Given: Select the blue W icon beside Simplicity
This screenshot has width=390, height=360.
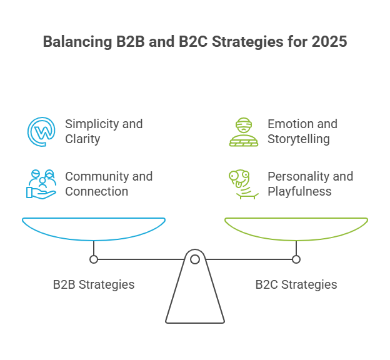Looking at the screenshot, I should (x=41, y=131).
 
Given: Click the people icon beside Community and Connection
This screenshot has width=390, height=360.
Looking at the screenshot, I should (x=41, y=184).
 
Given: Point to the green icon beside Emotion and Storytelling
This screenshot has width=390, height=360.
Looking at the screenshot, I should (x=244, y=131).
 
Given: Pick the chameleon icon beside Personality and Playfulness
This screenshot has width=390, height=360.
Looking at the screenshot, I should (x=242, y=184).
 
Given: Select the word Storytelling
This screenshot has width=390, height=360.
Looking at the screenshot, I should (x=298, y=139).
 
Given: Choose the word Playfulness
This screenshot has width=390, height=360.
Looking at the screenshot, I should (x=299, y=191).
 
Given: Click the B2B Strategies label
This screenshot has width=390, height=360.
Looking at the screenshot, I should (x=94, y=284).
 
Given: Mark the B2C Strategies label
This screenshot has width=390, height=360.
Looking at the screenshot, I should (x=296, y=284).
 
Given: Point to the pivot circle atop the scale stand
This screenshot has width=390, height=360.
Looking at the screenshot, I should (x=195, y=259).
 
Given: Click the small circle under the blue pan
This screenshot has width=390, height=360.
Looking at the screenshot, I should (x=94, y=259).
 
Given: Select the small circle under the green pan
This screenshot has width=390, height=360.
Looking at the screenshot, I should (x=296, y=259).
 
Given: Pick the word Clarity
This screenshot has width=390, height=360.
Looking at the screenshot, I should (x=82, y=139).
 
